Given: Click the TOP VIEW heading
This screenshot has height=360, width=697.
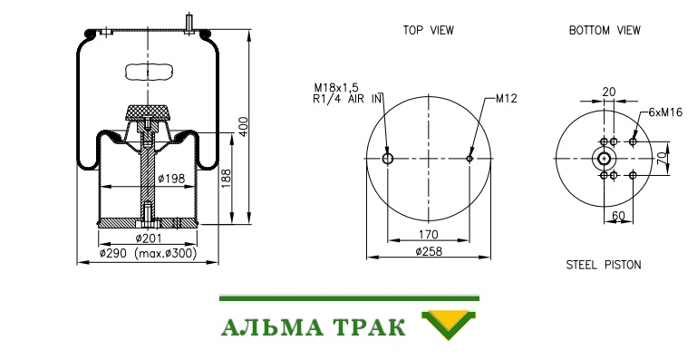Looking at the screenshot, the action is (x=428, y=30).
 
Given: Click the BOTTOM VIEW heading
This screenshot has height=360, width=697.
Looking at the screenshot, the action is (x=605, y=30).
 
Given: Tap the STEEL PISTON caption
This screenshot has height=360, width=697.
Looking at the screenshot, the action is (x=604, y=265).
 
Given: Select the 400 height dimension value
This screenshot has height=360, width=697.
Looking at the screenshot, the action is (x=243, y=126).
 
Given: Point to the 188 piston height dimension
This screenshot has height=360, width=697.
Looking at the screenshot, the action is (x=227, y=178).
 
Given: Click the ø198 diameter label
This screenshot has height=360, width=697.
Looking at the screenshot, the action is (x=171, y=179).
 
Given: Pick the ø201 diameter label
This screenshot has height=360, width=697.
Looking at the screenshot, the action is (x=149, y=238).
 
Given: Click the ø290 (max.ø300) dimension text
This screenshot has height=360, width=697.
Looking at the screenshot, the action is (x=148, y=254).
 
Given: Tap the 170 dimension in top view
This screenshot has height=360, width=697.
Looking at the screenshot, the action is (x=429, y=235).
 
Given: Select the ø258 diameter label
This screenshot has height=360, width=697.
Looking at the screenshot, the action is (x=429, y=251).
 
